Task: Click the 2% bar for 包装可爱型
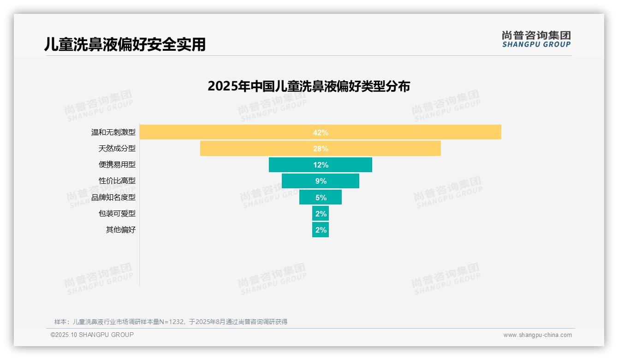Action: (321, 214)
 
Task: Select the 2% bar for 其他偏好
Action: (321, 230)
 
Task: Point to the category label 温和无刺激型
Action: (113, 132)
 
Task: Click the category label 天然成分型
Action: (117, 149)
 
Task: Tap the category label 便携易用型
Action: (117, 165)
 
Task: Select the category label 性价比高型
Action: (117, 181)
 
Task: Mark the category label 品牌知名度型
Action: (113, 198)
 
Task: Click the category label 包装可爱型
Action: (117, 214)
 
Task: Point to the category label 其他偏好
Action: (121, 230)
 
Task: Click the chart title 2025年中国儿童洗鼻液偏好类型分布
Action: (309, 86)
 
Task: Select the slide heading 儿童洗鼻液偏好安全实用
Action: (125, 44)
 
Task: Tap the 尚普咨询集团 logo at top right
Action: (536, 39)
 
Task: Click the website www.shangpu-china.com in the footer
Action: (537, 335)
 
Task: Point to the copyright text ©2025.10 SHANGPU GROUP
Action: (92, 335)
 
